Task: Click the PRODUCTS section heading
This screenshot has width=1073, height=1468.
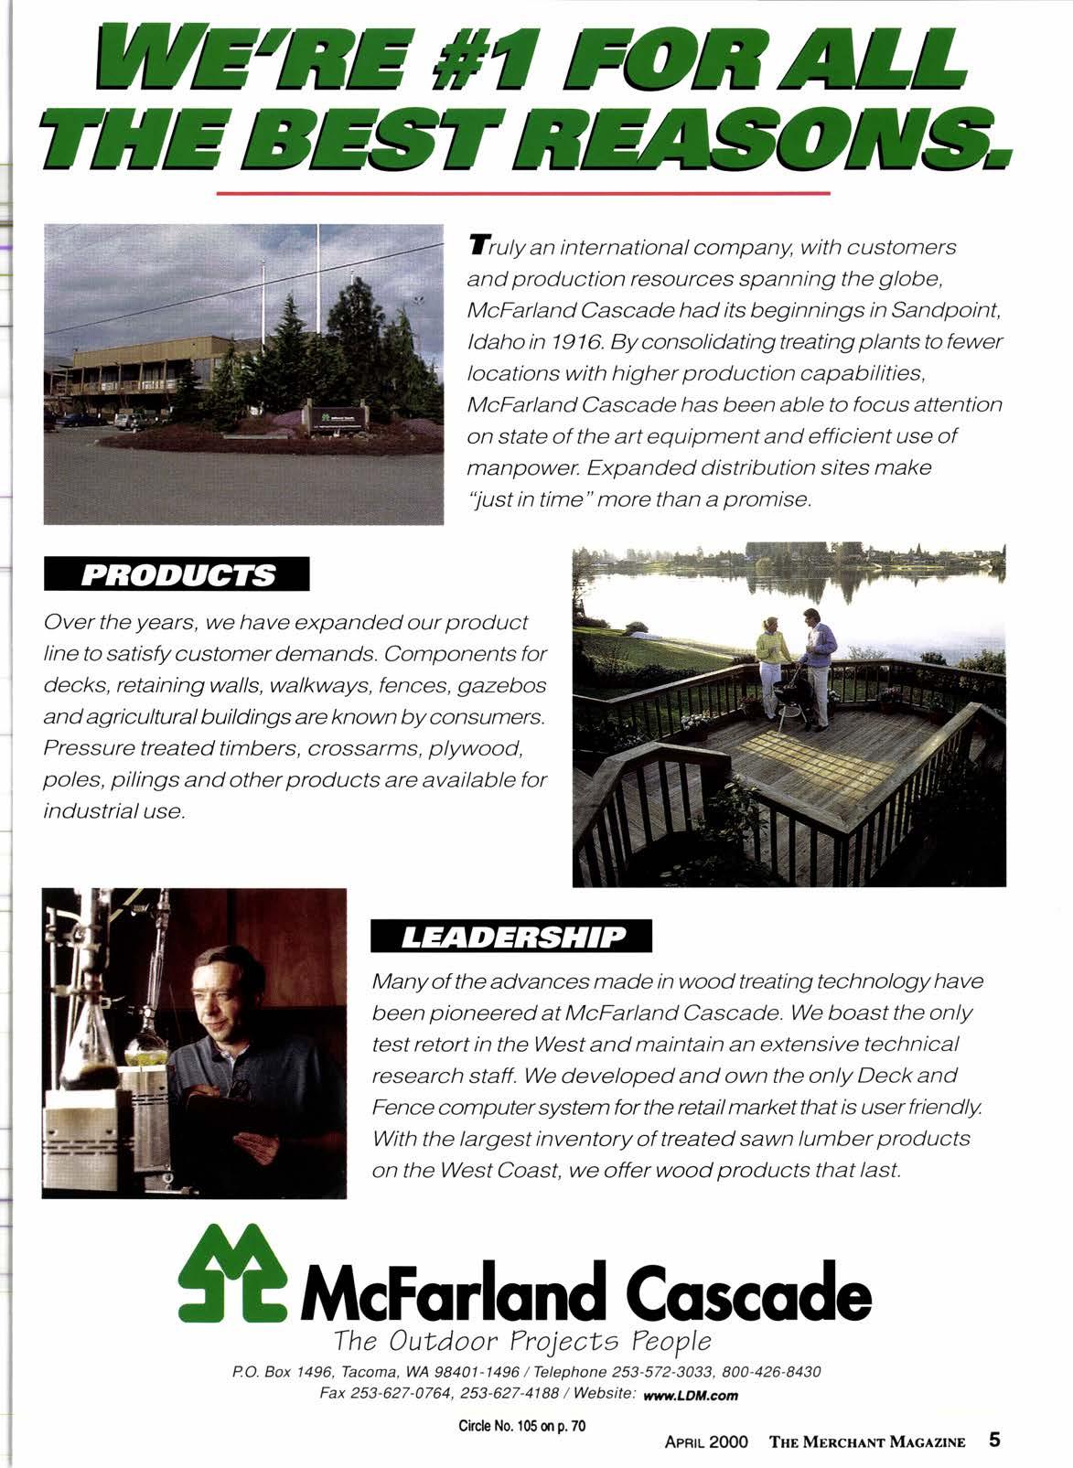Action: (x=178, y=575)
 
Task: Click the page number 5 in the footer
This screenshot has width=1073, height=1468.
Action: (x=994, y=1440)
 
